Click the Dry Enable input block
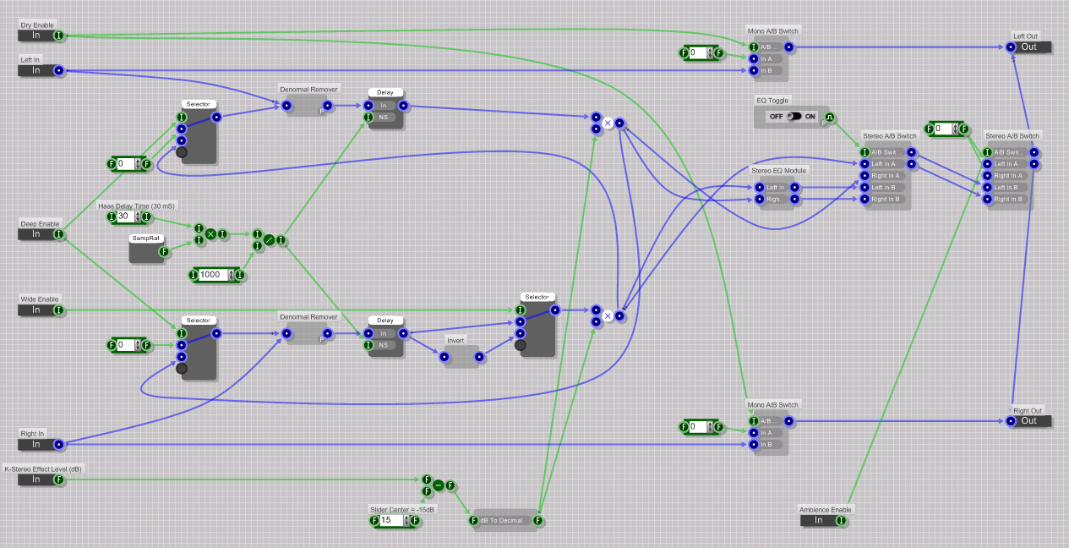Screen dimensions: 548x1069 (x=36, y=36)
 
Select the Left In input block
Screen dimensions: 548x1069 (x=36, y=70)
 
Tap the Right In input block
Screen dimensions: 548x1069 (x=36, y=444)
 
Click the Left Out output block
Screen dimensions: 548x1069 (x=1028, y=47)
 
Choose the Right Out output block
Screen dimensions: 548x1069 (x=1028, y=420)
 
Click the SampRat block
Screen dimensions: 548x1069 (x=145, y=250)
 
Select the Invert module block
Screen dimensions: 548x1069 (x=461, y=357)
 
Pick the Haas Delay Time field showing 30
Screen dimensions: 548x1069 (x=123, y=217)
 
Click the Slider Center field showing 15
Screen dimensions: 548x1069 (x=390, y=521)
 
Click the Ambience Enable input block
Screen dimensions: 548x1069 (x=818, y=520)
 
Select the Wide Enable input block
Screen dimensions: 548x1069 (x=36, y=310)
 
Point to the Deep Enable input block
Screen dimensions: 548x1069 (x=36, y=234)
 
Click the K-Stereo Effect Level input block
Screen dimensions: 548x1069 (x=36, y=479)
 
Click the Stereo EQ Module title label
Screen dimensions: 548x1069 (x=778, y=170)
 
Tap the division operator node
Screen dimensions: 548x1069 (x=269, y=240)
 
